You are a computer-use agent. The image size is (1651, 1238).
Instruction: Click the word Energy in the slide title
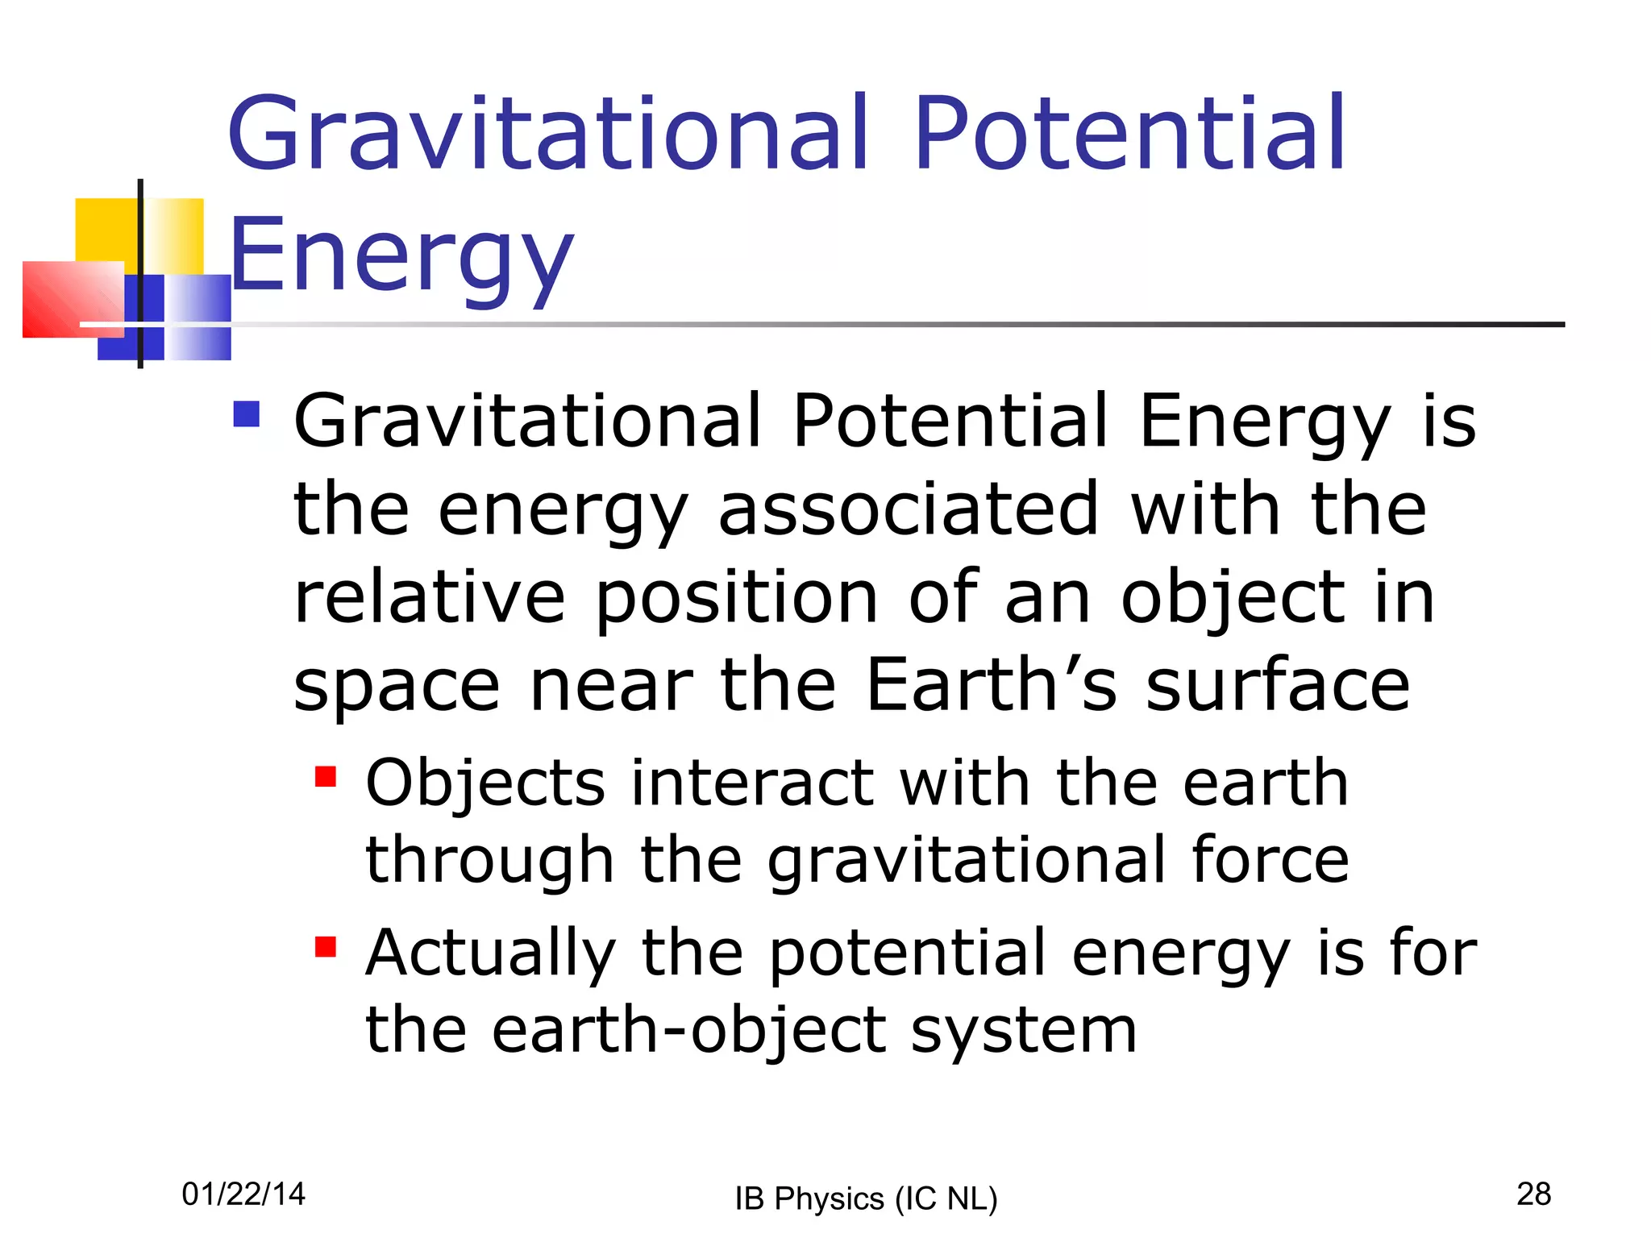(401, 256)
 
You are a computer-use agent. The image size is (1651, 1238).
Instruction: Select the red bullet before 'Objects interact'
(325, 776)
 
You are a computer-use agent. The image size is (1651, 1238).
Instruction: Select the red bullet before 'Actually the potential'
(325, 946)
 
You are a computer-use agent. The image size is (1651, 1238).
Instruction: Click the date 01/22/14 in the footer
(243, 1194)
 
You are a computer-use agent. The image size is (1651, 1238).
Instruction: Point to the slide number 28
(1533, 1194)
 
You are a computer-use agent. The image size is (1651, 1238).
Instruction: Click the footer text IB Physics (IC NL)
(866, 1199)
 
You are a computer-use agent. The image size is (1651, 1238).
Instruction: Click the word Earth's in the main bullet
(992, 685)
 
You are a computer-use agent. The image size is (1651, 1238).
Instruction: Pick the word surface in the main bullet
(1278, 685)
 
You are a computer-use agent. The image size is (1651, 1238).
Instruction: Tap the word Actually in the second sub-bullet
(490, 953)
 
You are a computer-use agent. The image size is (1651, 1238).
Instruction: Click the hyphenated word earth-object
(689, 1030)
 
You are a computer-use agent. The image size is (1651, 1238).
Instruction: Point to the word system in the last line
(1024, 1032)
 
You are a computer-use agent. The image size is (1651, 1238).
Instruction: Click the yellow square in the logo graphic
(105, 230)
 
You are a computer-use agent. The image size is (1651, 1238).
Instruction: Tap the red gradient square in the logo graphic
(69, 298)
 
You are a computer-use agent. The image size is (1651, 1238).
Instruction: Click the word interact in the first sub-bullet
(752, 783)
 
